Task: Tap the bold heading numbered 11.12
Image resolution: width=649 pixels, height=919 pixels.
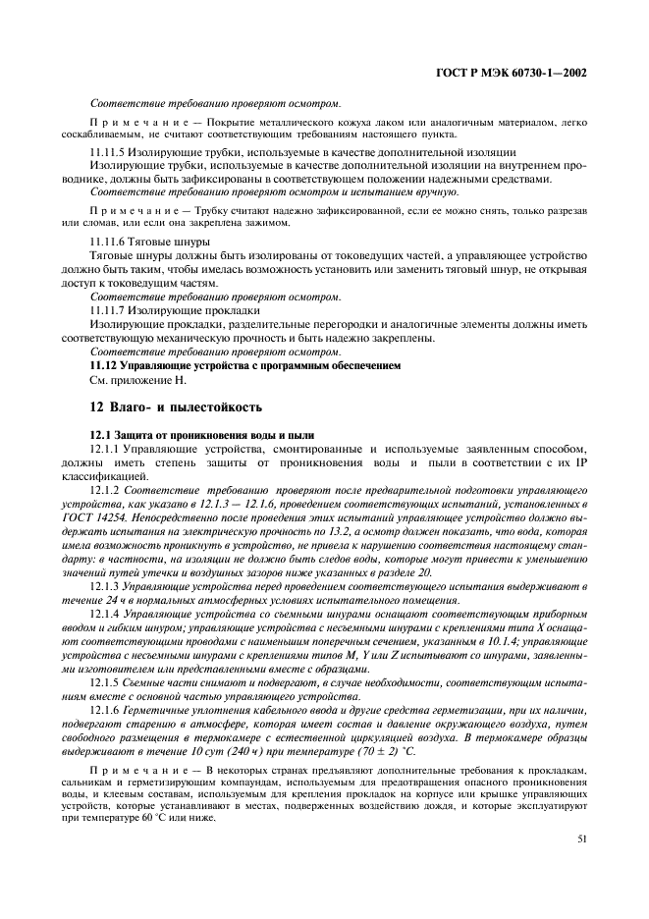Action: tap(245, 364)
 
